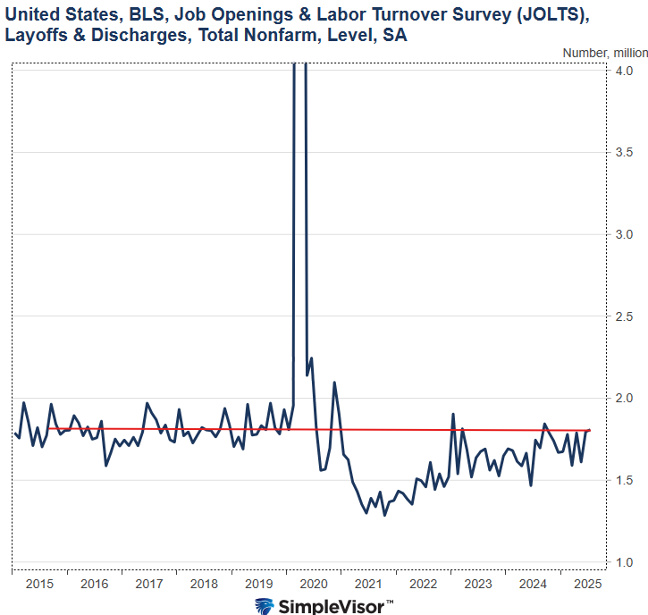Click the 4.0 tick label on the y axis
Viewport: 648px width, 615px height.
[x=625, y=71]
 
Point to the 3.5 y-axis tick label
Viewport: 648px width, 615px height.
[x=625, y=152]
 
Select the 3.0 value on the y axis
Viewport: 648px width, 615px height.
[x=625, y=234]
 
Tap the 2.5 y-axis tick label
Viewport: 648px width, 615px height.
[x=625, y=316]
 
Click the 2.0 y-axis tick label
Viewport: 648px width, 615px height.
[x=625, y=398]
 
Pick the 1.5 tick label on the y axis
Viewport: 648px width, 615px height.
[x=625, y=480]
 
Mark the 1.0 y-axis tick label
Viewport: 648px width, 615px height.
[x=625, y=562]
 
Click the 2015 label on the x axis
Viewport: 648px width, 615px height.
[x=39, y=584]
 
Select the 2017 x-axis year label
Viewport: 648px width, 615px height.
[x=149, y=584]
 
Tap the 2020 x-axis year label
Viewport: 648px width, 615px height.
[x=314, y=584]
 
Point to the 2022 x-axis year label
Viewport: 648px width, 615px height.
[x=424, y=584]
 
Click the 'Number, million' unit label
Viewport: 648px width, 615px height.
[x=598, y=53]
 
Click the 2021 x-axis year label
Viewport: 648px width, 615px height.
[x=368, y=584]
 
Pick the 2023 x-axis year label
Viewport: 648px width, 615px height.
[x=478, y=584]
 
